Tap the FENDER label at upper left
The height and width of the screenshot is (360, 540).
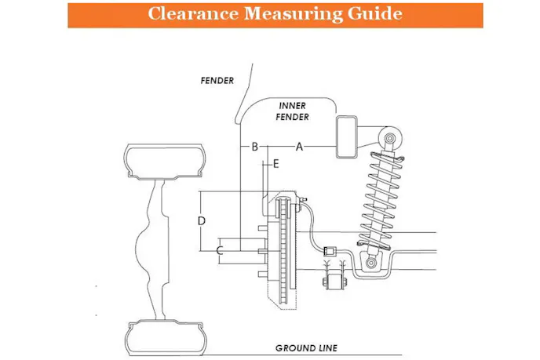217,79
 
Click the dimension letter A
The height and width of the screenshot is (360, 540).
299,146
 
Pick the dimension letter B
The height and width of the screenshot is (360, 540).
254,146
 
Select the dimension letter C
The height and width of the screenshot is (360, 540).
221,250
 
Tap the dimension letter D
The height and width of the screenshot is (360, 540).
202,221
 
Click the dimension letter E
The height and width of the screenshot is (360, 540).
275,163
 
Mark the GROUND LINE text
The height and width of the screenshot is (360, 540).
305,347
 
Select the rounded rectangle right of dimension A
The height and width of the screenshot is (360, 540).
346,137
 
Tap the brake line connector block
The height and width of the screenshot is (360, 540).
331,252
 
